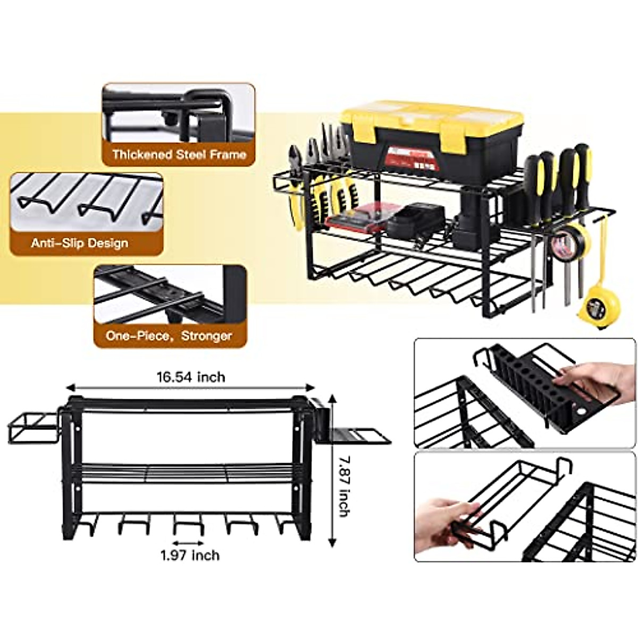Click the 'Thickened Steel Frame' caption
[179, 155]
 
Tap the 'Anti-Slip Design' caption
[79, 244]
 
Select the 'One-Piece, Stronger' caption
[169, 336]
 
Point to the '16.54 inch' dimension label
[190, 377]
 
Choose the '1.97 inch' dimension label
[190, 555]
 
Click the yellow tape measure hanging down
[603, 308]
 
